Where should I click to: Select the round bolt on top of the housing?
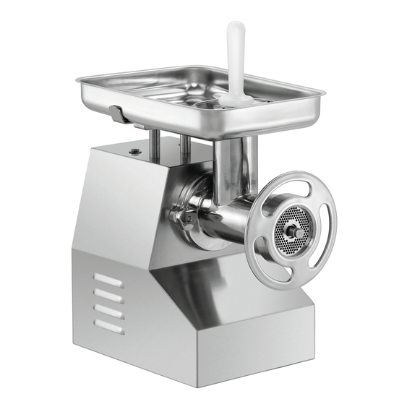point(134,150)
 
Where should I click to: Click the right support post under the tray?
point(185,146)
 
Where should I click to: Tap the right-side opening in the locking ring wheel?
point(328,228)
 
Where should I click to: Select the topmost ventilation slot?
point(109,281)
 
